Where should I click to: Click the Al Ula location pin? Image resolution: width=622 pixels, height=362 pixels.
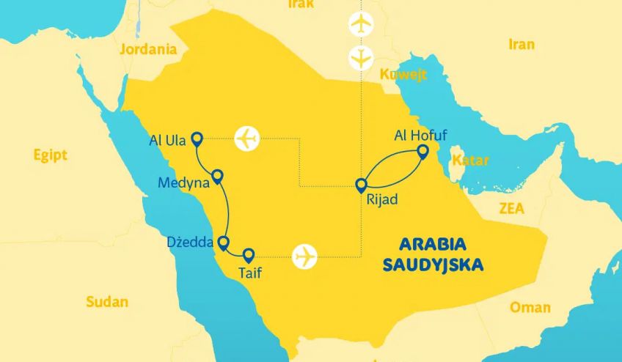tap(196, 138)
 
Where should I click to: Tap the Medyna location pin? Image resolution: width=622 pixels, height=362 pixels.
tap(217, 177)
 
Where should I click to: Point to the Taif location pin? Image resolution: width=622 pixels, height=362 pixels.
tap(249, 255)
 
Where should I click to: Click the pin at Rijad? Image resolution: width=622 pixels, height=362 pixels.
tap(361, 185)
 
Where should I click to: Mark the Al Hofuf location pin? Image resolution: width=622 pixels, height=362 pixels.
tap(422, 151)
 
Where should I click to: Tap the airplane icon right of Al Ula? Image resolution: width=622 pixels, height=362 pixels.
tap(248, 137)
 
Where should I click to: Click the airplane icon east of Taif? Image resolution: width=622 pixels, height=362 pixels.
tap(304, 257)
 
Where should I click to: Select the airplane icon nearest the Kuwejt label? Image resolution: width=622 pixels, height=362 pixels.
tap(360, 56)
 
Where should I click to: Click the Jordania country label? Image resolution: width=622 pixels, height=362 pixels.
tap(149, 50)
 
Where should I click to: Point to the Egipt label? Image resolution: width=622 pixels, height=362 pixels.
tap(50, 155)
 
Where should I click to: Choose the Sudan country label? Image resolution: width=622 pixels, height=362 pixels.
tap(107, 301)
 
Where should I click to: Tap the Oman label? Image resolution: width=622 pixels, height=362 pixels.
tap(530, 307)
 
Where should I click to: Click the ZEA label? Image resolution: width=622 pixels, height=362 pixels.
tap(511, 208)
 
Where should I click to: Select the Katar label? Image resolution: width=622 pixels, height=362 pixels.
tap(470, 160)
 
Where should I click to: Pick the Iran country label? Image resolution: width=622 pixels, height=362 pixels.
tap(522, 45)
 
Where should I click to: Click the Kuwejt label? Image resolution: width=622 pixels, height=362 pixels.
tap(403, 75)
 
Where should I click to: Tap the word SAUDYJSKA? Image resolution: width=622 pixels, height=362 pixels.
tap(433, 265)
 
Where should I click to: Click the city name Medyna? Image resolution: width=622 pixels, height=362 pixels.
tap(183, 183)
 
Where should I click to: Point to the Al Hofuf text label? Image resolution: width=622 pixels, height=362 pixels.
tap(420, 134)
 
